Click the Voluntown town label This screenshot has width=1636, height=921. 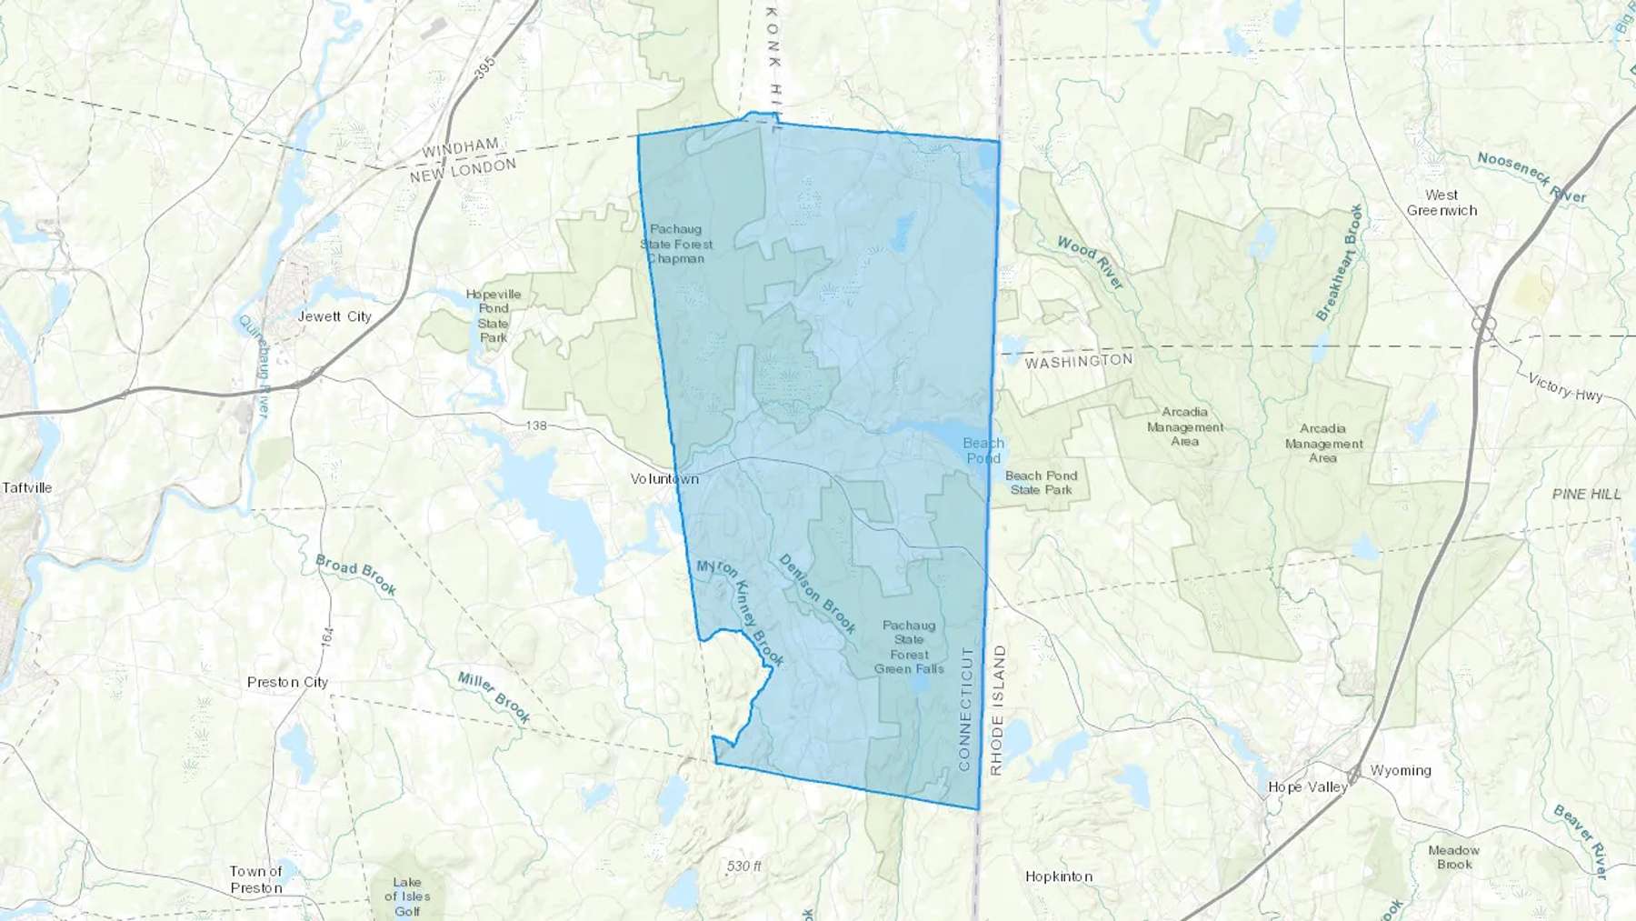pos(664,478)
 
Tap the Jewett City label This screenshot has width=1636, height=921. pos(334,316)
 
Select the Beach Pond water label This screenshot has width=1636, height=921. pos(983,450)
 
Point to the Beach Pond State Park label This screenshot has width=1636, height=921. pos(1041,483)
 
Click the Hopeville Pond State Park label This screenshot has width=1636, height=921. pos(494,315)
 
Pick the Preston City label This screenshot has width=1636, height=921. pos(287,682)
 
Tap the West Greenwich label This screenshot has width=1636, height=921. pos(1441,202)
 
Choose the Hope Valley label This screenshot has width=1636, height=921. pos(1307,786)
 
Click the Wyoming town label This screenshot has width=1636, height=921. pos(1401,770)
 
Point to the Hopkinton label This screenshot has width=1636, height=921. pos(1059,876)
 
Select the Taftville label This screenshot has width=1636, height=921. pos(27,487)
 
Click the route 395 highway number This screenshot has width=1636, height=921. pos(485,67)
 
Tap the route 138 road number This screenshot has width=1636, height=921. pos(536,425)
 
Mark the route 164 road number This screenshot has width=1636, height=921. pos(327,636)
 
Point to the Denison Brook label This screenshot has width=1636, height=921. pos(817,594)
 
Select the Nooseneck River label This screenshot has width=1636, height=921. pos(1531,176)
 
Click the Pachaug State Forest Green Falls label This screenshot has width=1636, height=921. pos(909,646)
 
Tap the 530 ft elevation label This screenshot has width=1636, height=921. pos(743,866)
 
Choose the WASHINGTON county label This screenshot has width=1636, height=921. pos(1079,361)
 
